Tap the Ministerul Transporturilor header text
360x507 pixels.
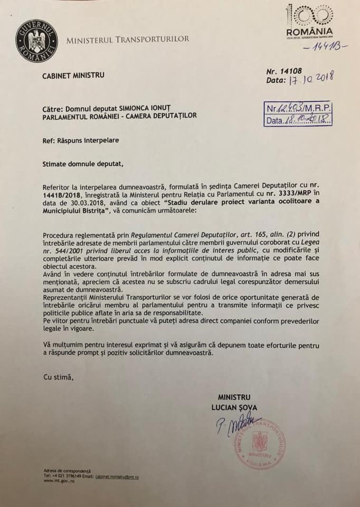coord(127,39)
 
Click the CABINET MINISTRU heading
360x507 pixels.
coord(73,75)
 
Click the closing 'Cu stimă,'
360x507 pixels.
coord(56,377)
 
